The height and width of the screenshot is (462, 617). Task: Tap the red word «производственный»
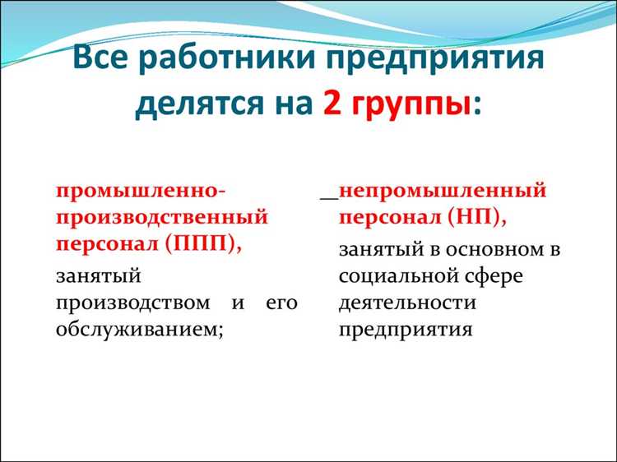point(162,217)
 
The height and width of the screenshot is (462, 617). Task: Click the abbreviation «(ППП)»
point(204,245)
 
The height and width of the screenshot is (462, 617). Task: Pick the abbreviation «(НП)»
point(478,218)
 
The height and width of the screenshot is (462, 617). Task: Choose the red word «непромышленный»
point(443,190)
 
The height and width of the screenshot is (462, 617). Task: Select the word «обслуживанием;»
point(140,330)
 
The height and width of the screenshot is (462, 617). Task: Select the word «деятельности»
point(407,303)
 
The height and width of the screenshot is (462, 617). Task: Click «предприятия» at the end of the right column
point(406,330)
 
